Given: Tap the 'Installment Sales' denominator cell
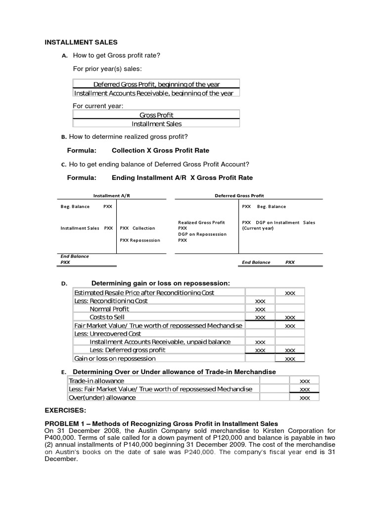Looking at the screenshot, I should tap(156, 124).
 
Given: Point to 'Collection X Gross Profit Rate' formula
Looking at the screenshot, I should tap(160, 150).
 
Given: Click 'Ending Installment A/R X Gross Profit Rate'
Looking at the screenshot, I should tap(182, 177).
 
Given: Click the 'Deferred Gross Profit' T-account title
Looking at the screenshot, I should tap(239, 196).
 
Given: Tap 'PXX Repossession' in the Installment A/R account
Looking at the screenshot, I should tap(140, 240).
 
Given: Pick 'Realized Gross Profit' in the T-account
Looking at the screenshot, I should tap(201, 222).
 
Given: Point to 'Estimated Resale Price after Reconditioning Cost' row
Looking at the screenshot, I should tap(144, 293).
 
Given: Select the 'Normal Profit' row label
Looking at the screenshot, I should tap(109, 309).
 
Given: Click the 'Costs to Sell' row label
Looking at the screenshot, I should tap(107, 317).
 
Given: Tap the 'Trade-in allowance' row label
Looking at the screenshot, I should tap(96, 381).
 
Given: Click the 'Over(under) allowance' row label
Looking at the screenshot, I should tap(102, 397).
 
